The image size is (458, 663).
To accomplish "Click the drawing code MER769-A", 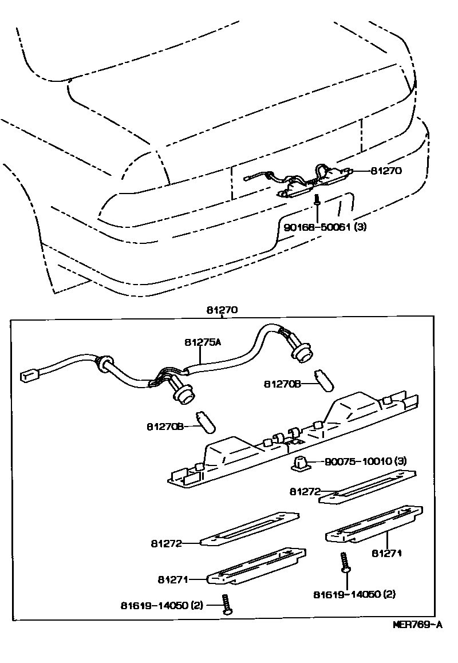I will [417, 625].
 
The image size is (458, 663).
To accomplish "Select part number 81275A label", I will [203, 342].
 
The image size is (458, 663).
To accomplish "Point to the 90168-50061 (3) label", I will [325, 227].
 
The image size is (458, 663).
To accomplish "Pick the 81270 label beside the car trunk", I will [386, 170].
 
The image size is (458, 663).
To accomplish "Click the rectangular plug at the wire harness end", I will [26, 376].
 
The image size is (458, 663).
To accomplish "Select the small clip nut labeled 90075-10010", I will [301, 463].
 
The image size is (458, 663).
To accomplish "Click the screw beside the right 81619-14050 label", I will [346, 563].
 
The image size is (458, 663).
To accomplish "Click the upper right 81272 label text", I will [304, 491].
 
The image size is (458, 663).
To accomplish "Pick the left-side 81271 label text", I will [173, 579].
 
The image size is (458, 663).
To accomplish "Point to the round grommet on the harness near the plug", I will [104, 364].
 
